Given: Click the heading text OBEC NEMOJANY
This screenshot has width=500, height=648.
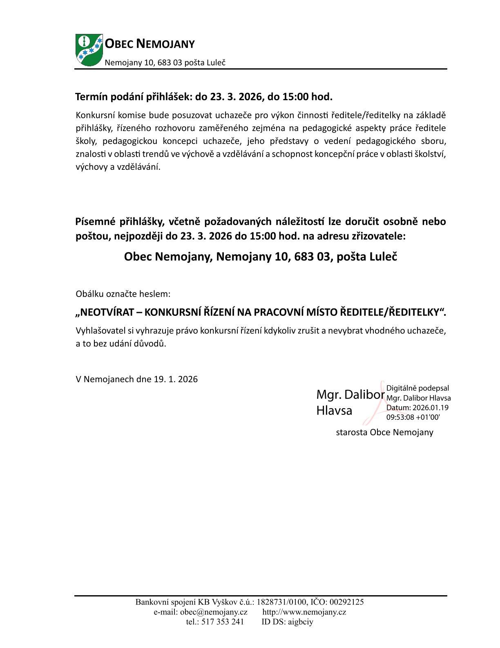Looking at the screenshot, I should (x=150, y=44).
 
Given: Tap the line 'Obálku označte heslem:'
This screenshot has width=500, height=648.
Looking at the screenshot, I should (x=123, y=294).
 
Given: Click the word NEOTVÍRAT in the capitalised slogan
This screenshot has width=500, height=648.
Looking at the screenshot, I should (x=105, y=312).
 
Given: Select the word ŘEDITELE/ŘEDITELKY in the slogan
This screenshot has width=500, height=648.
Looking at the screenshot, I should (x=392, y=312).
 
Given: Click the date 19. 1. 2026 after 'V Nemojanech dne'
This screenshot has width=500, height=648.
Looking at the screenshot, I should (x=176, y=379).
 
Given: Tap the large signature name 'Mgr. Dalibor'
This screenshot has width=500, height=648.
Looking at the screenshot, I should (x=350, y=395).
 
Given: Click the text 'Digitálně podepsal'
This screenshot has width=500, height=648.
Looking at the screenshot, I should (x=417, y=388).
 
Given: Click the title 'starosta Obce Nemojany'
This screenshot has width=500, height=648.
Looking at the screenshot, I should (x=384, y=432).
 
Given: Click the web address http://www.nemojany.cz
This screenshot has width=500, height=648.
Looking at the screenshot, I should (x=304, y=612).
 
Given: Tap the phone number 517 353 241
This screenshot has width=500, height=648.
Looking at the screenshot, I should (x=223, y=622).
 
